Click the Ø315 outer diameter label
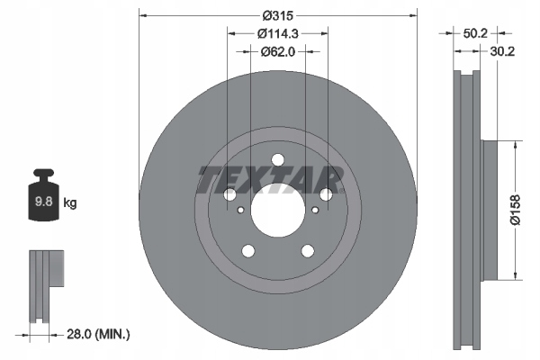279,15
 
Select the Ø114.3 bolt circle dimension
277,34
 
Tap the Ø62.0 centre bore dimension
278,51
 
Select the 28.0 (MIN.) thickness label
98,334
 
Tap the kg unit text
70,203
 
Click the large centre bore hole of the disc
278,213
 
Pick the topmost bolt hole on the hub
278,161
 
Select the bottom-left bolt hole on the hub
247,253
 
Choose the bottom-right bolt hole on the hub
310,253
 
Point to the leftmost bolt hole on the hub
229,194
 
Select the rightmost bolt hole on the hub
327,194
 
